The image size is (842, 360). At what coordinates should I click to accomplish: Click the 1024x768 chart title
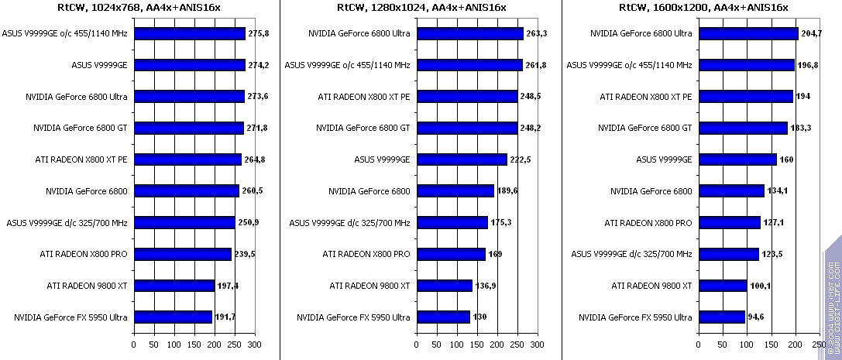(140, 7)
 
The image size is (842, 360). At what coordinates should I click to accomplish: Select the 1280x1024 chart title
(422, 7)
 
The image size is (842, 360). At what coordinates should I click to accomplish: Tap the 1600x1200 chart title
(704, 7)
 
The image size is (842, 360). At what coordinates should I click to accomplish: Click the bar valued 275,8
(190, 34)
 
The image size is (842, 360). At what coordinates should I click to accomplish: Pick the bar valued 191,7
(173, 317)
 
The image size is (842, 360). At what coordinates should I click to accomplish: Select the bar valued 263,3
(469, 34)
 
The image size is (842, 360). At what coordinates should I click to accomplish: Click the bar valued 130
(443, 317)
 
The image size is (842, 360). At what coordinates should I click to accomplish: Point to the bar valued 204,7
(748, 34)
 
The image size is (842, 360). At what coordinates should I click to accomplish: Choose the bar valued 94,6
(722, 317)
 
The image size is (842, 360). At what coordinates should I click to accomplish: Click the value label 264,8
(256, 160)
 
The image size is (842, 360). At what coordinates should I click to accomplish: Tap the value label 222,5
(521, 160)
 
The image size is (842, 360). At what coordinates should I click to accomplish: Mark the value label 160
(787, 160)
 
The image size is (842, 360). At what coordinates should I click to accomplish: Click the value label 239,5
(246, 254)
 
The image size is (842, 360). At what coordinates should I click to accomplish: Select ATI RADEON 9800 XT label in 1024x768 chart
(87, 286)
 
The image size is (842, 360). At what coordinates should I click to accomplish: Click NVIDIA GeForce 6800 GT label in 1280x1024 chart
(363, 129)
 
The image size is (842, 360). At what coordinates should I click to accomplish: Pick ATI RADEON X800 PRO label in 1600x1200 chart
(648, 223)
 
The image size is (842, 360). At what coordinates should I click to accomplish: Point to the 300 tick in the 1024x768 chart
(254, 344)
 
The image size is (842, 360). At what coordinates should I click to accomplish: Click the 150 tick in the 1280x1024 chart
(476, 344)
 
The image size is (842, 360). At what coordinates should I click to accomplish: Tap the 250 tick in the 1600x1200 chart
(818, 344)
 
